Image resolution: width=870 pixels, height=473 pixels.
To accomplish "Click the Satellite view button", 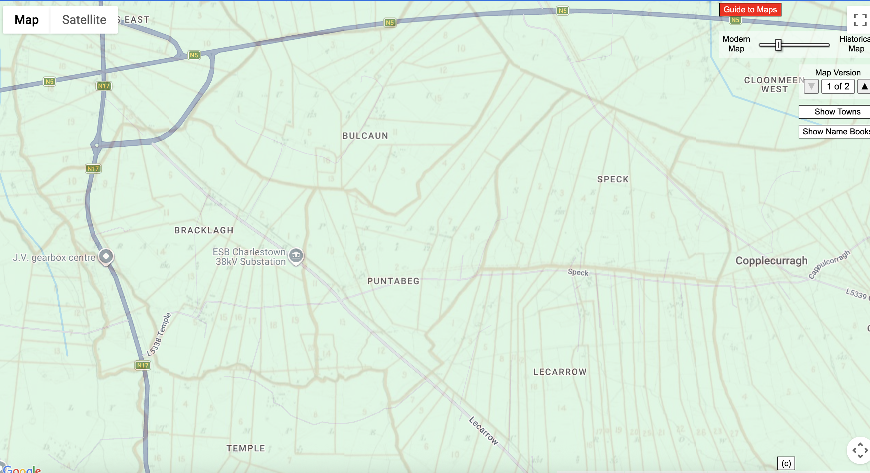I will pos(84,20).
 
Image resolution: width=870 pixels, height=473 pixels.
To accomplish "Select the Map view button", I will pos(26,20).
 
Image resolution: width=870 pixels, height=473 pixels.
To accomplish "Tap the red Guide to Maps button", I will pos(750,10).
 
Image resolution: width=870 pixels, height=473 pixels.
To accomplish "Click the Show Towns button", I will pos(837,112).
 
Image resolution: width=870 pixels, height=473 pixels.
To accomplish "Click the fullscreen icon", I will pos(860,20).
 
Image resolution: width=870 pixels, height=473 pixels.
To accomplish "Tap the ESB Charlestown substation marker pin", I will pos(296,255).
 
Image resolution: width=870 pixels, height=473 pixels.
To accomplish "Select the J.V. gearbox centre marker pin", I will pos(106,256).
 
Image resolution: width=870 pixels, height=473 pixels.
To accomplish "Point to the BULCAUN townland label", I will pos(365,136).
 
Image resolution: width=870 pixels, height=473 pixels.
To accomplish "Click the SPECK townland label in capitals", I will pos(613,179).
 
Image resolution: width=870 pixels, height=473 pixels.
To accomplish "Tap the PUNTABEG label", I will pos(393,281).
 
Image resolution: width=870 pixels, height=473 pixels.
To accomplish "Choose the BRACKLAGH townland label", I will pos(204,230).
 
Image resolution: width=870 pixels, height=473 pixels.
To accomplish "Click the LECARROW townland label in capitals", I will pos(560,372).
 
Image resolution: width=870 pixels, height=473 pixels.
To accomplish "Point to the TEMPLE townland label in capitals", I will pos(246,448).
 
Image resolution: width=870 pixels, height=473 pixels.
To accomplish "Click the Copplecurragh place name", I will pos(771,261).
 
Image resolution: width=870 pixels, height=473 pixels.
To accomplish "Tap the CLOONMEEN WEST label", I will pos(774,85).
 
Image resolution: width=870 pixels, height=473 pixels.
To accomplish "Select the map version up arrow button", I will pos(864,86).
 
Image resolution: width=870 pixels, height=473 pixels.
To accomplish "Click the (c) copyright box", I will pos(786,463).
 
